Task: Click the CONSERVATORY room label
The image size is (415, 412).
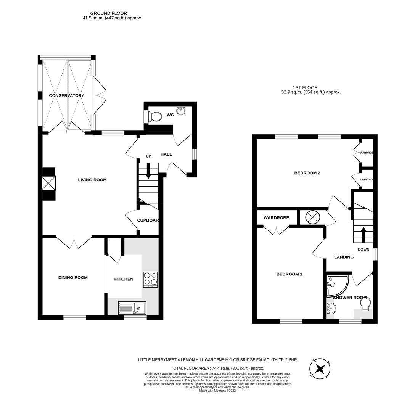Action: pyautogui.click(x=66, y=95)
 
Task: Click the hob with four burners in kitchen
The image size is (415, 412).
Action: pyautogui.click(x=150, y=280)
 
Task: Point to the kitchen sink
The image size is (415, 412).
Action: pyautogui.click(x=132, y=307)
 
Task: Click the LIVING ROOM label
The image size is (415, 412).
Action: pyautogui.click(x=92, y=180)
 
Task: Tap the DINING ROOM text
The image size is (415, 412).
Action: pyautogui.click(x=73, y=278)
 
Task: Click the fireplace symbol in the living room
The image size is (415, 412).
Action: pyautogui.click(x=48, y=184)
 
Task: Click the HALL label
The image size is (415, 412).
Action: pyautogui.click(x=166, y=154)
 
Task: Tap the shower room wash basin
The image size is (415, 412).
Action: pyautogui.click(x=330, y=309)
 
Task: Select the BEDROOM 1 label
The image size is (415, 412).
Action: pyautogui.click(x=289, y=274)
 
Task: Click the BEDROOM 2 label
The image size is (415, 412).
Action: pyautogui.click(x=307, y=173)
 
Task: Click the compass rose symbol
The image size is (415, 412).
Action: pyautogui.click(x=320, y=369)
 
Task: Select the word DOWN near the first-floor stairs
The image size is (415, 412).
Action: pyautogui.click(x=363, y=249)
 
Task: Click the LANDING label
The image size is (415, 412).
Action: pyautogui.click(x=344, y=257)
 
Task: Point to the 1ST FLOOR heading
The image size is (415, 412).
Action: pyautogui.click(x=305, y=87)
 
